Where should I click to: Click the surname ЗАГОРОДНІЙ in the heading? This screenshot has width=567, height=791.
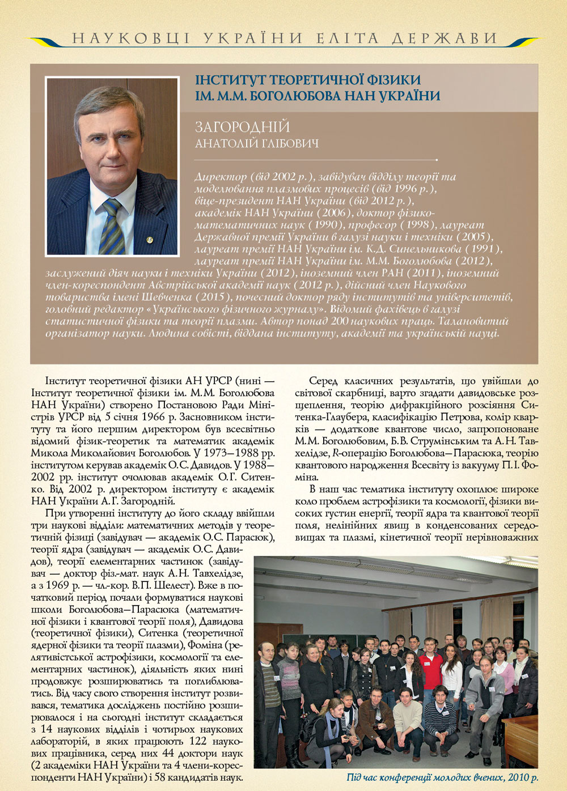point(242,127)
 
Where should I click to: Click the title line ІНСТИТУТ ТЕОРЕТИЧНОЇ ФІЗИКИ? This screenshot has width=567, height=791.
point(308,80)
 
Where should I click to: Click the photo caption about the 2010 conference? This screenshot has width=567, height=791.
point(442,777)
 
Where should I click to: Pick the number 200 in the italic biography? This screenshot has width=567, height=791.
point(341,321)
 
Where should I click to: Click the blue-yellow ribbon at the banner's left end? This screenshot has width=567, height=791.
point(49,41)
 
